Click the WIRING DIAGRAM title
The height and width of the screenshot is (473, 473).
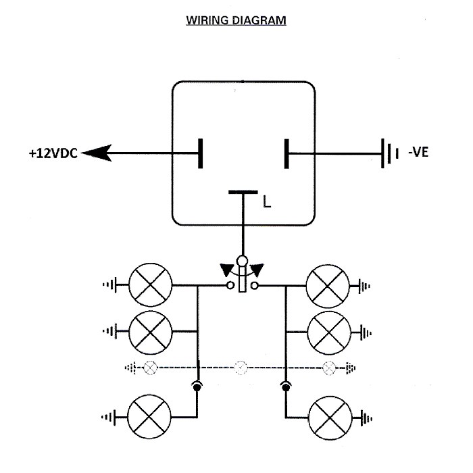tap(236, 21)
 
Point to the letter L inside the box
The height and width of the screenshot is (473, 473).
tap(267, 201)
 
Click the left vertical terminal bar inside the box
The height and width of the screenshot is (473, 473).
tap(201, 153)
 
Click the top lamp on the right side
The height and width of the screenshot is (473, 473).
tap(329, 285)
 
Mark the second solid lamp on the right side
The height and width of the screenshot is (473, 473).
tap(329, 331)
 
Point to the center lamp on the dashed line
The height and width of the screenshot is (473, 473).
tap(241, 368)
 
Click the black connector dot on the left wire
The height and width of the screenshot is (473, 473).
tap(197, 387)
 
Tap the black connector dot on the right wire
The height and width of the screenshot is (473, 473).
tap(285, 387)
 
